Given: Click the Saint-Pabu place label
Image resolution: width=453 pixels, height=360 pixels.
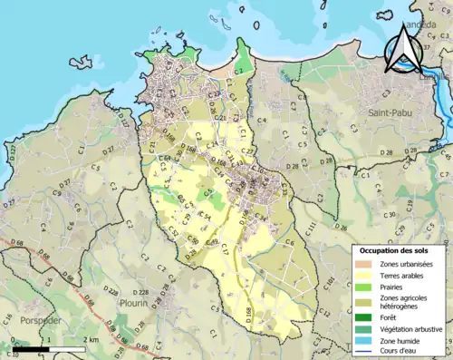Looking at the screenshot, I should [392, 112].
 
